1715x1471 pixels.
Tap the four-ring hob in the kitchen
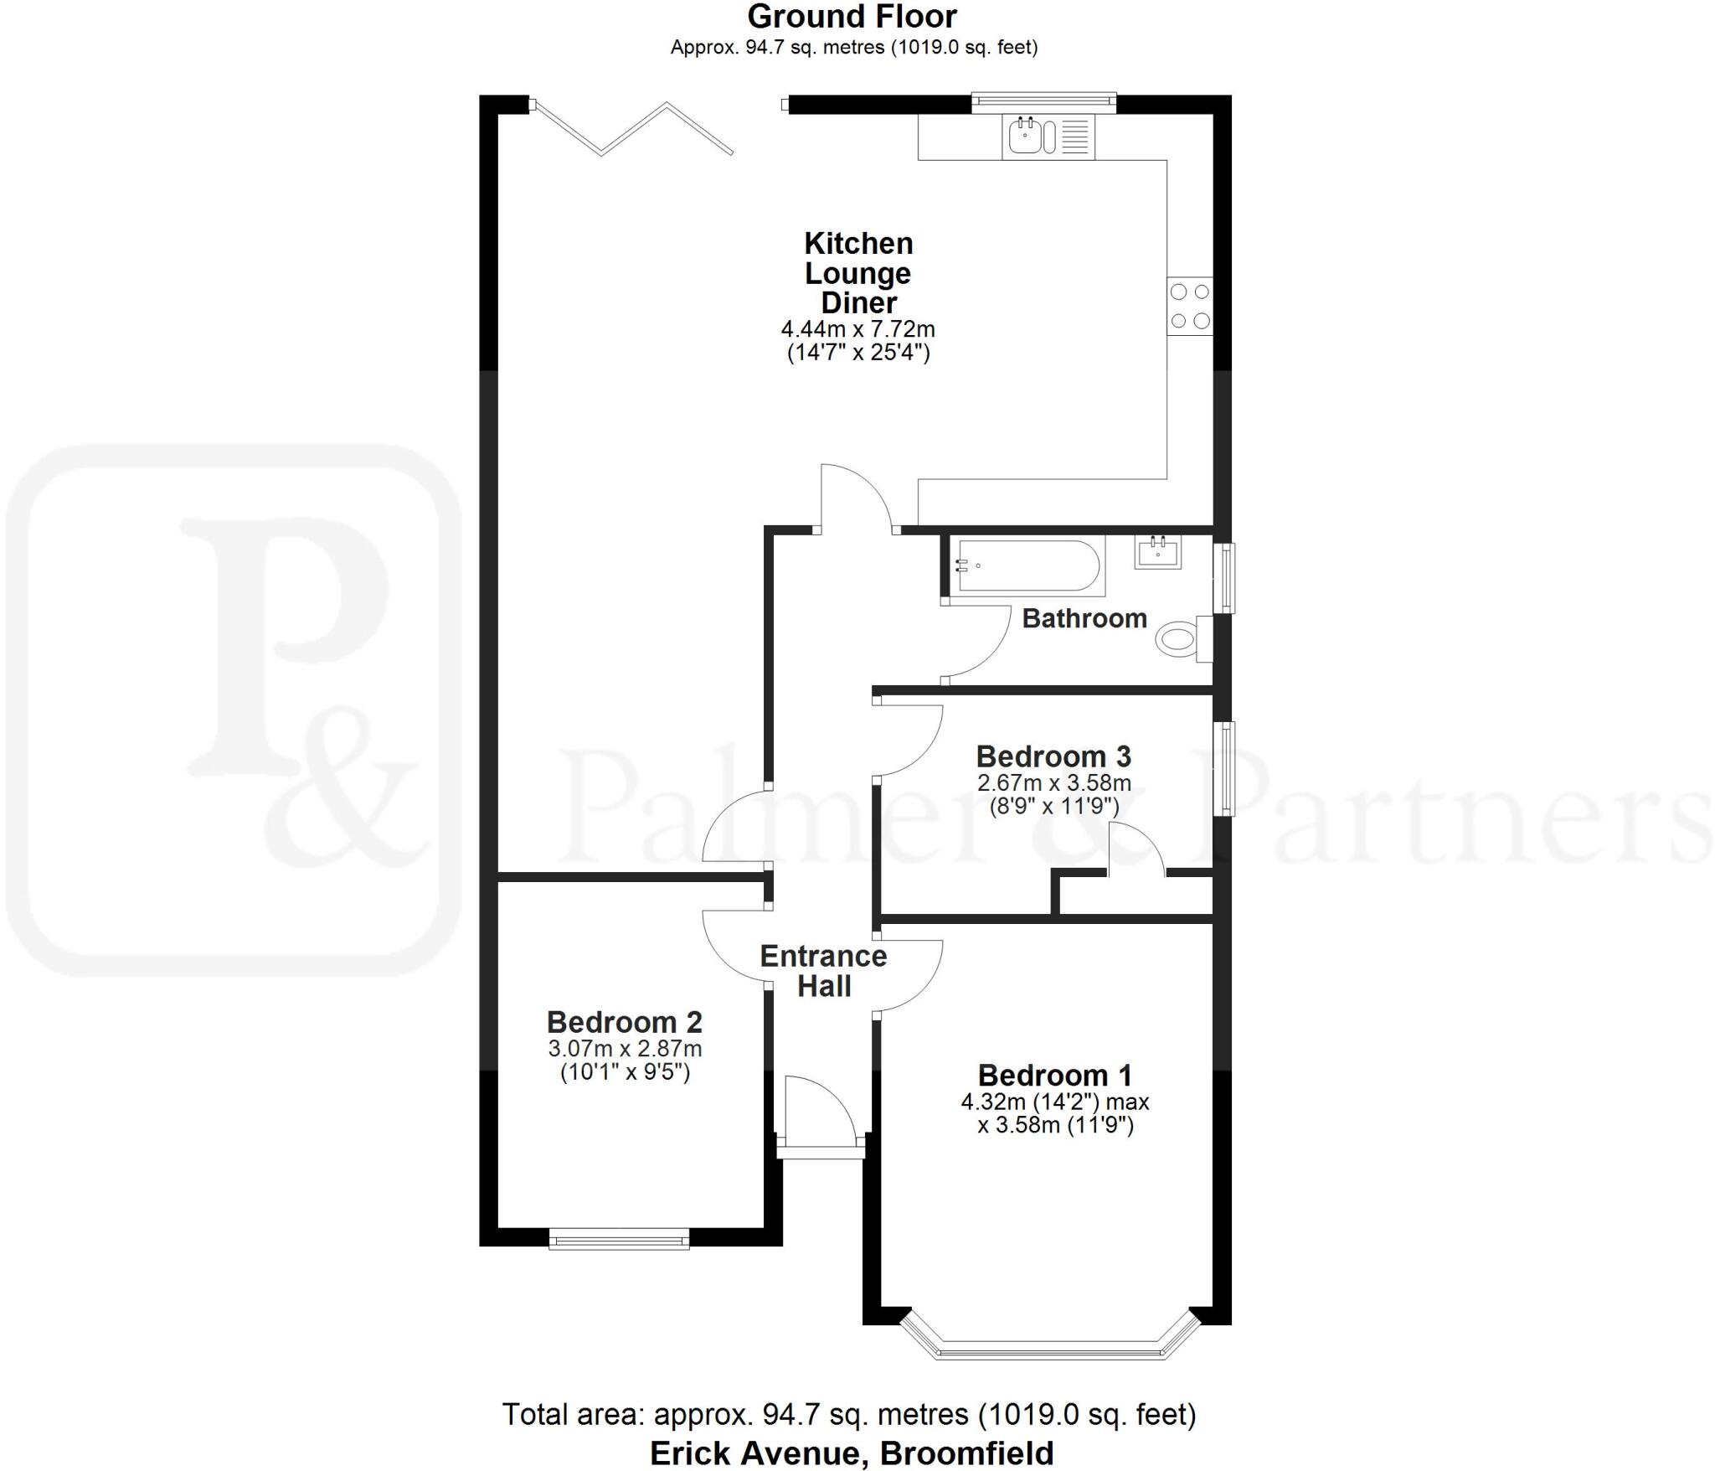click(1190, 306)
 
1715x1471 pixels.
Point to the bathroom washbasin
click(1158, 552)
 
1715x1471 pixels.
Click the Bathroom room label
click(1084, 618)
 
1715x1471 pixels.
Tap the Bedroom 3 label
click(1053, 756)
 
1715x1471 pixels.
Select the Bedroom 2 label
click(624, 1022)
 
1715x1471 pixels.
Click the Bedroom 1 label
click(1054, 1075)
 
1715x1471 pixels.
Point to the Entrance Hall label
click(823, 971)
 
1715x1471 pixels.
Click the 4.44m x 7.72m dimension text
click(857, 329)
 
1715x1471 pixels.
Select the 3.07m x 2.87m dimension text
click(625, 1049)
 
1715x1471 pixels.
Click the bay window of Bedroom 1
click(1050, 1350)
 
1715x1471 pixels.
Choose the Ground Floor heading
click(852, 17)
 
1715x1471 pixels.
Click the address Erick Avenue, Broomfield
click(852, 1453)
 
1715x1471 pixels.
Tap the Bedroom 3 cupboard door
click(1136, 850)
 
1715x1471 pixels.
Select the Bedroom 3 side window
click(1225, 768)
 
